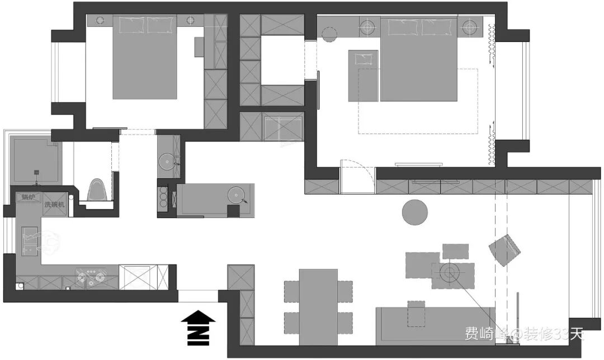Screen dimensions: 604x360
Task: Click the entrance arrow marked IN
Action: coord(198,327)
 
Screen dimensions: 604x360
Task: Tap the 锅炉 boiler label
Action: coord(29,197)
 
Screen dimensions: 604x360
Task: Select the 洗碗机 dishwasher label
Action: coord(55,205)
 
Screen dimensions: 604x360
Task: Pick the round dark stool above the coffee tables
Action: coord(415,212)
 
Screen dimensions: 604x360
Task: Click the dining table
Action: coord(318,307)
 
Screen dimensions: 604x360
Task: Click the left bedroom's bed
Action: coord(145,57)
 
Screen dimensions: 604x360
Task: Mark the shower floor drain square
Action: coord(36,170)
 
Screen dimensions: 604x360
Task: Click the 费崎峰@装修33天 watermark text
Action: coord(524,334)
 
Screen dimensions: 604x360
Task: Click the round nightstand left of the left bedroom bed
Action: coord(100,20)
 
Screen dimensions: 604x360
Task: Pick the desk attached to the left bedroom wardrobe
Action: coord(199,46)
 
